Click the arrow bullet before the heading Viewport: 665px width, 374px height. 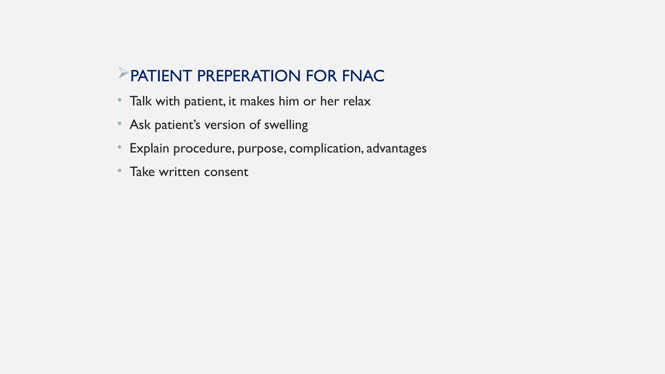123,73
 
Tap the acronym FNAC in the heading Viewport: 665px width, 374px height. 363,76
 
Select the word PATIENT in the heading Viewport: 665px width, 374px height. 161,76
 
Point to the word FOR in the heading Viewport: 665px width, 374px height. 321,76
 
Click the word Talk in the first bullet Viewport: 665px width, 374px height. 141,101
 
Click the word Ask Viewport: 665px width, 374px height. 140,125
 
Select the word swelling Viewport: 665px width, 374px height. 286,125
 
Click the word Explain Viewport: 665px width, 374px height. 149,148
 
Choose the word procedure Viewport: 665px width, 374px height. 204,148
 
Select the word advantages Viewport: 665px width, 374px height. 396,148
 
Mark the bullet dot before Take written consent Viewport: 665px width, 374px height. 119,170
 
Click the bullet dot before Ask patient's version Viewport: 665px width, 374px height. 119,123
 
